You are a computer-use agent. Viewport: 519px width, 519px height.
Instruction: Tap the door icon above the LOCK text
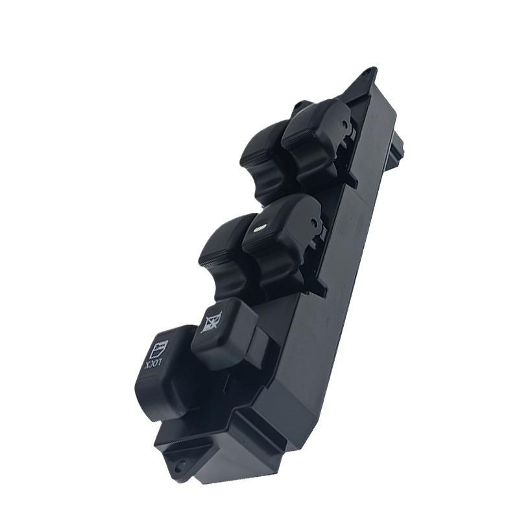[x=159, y=349]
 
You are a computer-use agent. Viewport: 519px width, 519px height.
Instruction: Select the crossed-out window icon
[x=212, y=321]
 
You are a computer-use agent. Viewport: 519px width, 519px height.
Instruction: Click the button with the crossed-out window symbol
[x=221, y=334]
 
